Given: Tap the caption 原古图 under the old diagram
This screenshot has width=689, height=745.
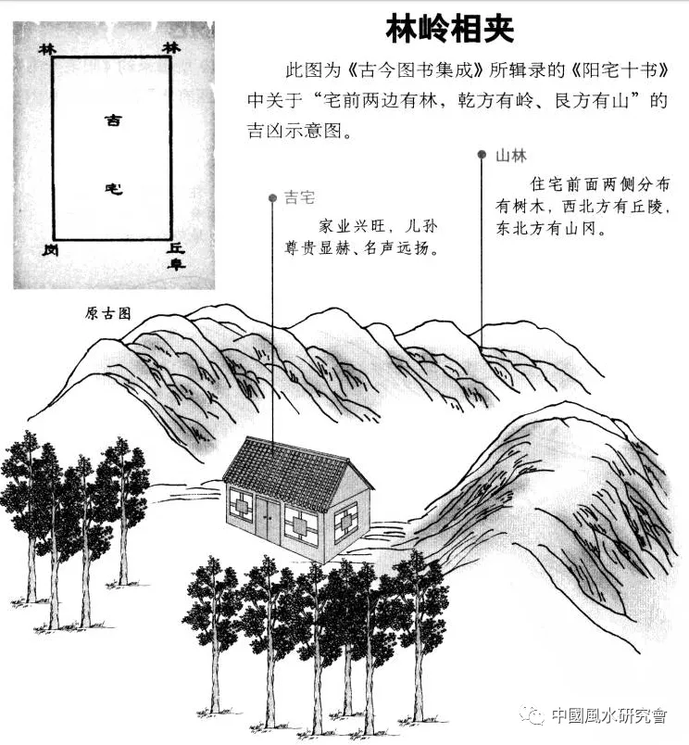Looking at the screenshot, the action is [107, 312].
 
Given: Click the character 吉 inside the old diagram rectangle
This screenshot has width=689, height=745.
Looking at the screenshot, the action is [112, 120].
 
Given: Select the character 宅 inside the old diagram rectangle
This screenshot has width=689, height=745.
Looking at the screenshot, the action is [112, 189].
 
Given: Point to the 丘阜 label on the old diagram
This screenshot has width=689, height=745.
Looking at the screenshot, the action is [177, 255].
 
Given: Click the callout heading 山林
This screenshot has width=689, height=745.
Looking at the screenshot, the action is [511, 156].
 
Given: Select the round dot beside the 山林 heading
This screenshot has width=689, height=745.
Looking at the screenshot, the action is [482, 155].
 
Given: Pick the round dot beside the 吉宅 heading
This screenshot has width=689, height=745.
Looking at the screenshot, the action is [272, 198].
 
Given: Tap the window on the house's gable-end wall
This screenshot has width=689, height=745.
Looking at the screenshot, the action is [345, 522].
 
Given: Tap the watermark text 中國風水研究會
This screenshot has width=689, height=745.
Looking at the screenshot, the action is [609, 715].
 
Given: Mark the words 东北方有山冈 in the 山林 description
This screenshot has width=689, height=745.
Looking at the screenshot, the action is [551, 228].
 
